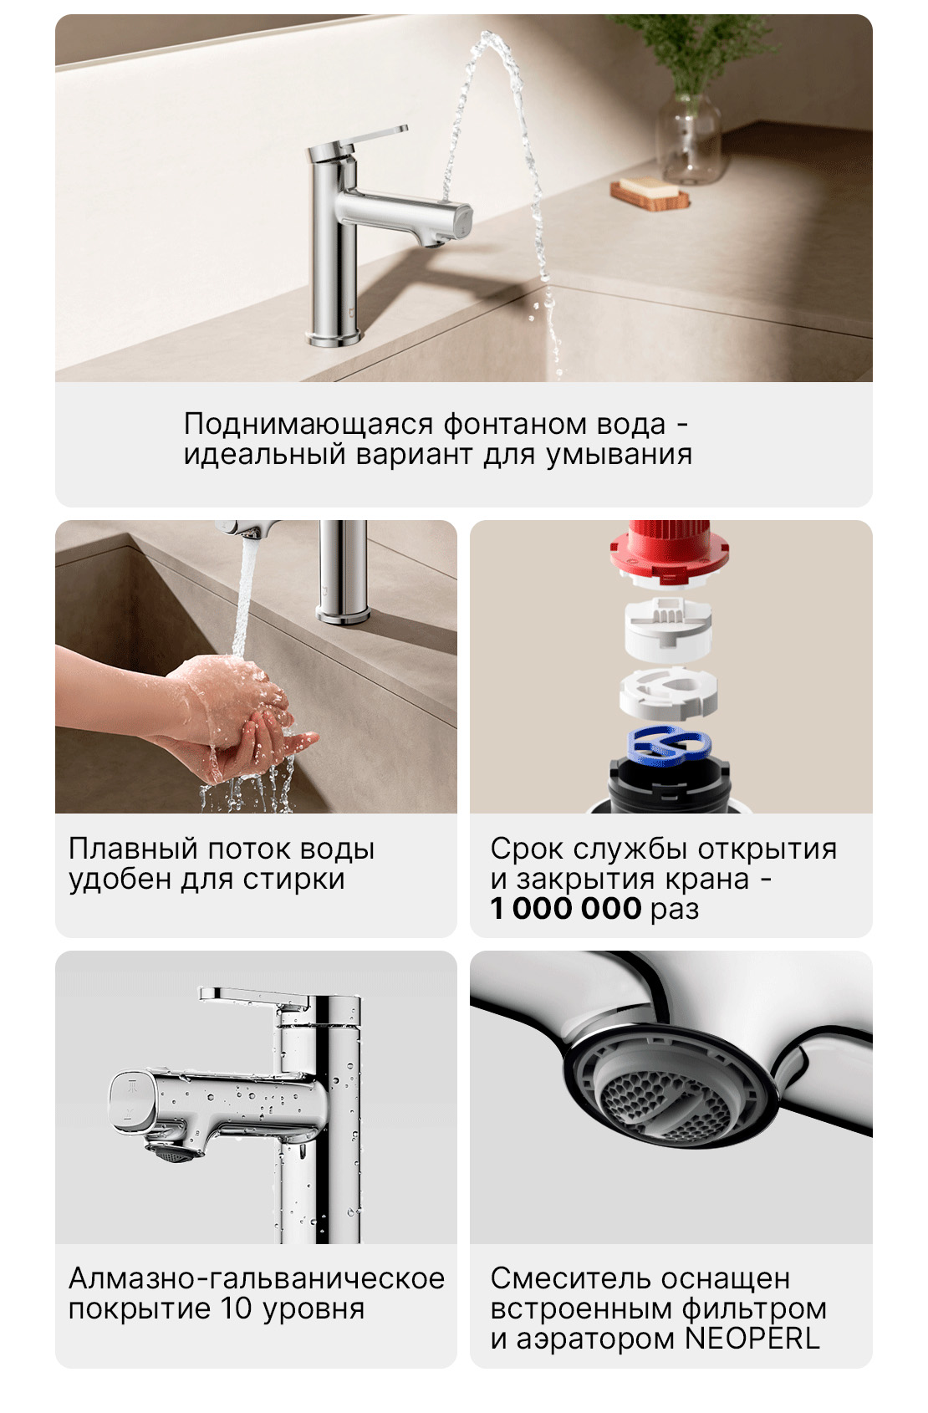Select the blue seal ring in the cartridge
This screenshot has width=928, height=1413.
click(669, 745)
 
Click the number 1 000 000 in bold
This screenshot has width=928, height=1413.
click(566, 908)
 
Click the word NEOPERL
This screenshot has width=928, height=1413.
click(752, 1339)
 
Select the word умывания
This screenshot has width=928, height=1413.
click(619, 455)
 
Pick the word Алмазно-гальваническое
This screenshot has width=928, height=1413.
click(256, 1278)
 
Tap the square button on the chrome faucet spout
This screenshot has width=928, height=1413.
click(131, 1101)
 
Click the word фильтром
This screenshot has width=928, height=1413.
click(754, 1308)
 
